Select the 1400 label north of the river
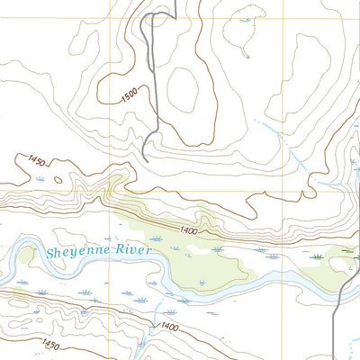pos(188,231)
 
